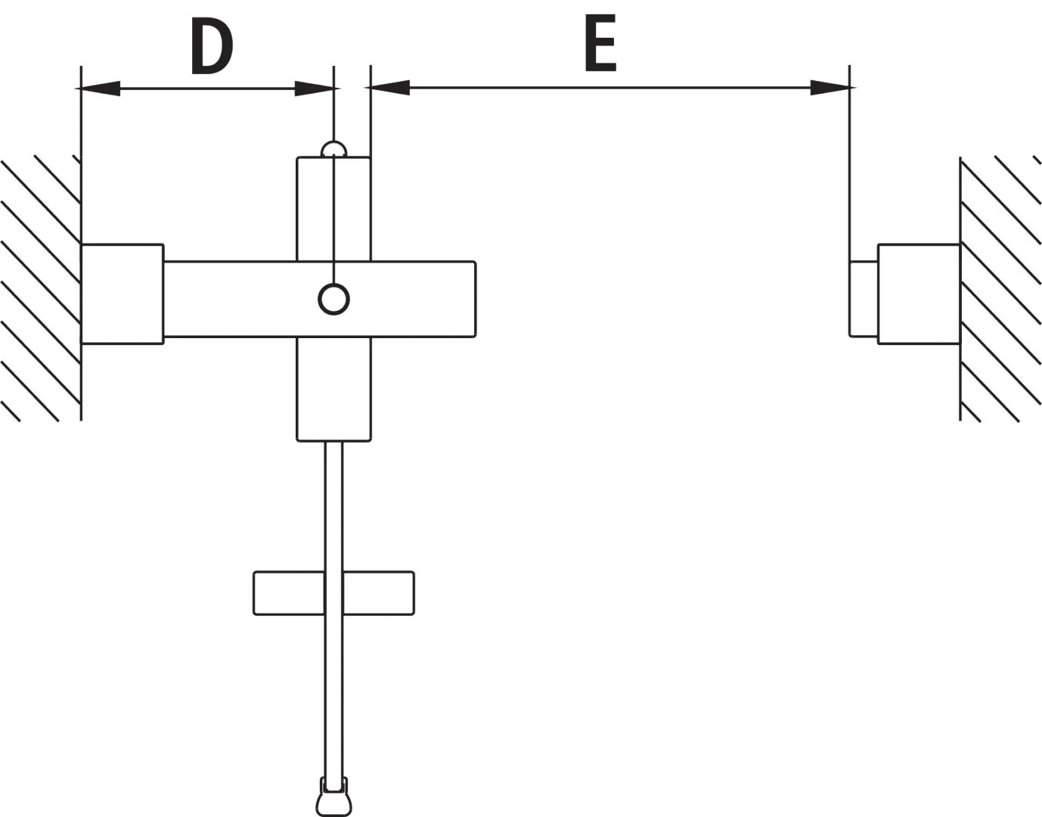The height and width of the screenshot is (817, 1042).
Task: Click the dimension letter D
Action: (x=212, y=46)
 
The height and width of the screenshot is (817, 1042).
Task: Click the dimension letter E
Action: (x=600, y=42)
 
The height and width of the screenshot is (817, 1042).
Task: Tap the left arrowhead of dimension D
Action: (x=100, y=89)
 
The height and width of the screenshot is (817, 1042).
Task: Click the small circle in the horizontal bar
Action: (x=333, y=300)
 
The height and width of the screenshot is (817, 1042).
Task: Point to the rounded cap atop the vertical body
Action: (x=333, y=149)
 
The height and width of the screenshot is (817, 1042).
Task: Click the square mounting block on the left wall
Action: (x=122, y=294)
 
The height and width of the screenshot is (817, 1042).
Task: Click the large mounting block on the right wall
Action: (x=920, y=294)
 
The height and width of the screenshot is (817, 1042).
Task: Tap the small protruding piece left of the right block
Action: (x=864, y=299)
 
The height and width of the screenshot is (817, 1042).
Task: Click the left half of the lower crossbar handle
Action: (x=289, y=593)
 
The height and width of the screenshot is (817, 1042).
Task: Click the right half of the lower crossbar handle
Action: (x=379, y=593)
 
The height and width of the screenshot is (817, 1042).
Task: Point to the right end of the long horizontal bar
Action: (x=476, y=300)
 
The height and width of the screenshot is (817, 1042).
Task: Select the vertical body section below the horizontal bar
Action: (x=333, y=389)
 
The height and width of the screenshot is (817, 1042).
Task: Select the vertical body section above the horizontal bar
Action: (x=333, y=210)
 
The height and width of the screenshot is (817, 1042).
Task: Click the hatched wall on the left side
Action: (x=41, y=288)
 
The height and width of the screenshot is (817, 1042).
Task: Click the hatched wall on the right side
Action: (x=1000, y=288)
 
